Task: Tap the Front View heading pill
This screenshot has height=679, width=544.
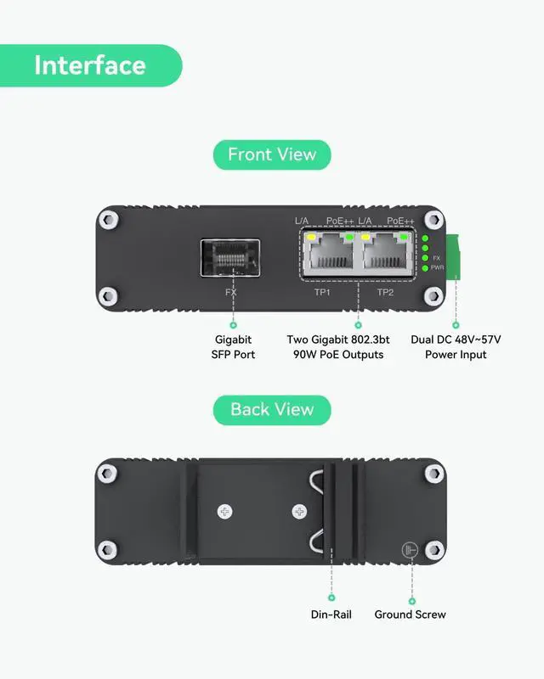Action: (272, 154)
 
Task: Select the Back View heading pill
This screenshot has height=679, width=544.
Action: (272, 409)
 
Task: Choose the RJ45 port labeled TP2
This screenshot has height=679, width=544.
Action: (387, 255)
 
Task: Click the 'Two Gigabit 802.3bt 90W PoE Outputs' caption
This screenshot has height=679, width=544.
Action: (338, 346)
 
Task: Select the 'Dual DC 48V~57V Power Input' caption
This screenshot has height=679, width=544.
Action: (456, 346)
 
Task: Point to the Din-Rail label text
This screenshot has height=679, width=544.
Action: (331, 614)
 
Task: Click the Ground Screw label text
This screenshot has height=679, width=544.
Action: (410, 614)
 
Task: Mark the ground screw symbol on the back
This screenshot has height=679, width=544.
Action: (410, 550)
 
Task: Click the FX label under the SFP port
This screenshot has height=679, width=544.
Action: (230, 292)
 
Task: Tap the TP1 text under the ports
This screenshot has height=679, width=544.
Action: (322, 292)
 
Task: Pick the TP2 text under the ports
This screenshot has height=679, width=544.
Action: (385, 292)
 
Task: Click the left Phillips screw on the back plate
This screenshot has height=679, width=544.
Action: (224, 512)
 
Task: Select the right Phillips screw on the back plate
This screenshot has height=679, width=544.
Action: (299, 512)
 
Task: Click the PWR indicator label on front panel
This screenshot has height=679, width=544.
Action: (438, 267)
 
